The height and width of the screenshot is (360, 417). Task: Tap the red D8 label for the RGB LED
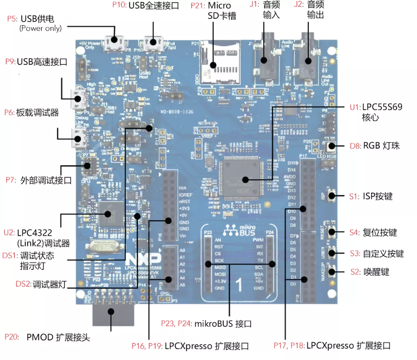point(354,146)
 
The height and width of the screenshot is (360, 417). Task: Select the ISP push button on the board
point(332,196)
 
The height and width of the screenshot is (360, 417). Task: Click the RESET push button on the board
point(332,233)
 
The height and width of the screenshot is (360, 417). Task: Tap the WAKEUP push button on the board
point(332,272)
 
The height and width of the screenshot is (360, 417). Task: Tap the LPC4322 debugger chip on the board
point(110,214)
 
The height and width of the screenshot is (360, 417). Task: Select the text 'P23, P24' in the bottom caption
point(176,324)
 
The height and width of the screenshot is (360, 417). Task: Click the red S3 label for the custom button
point(355,254)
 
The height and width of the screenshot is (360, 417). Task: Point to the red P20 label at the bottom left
point(11,337)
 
